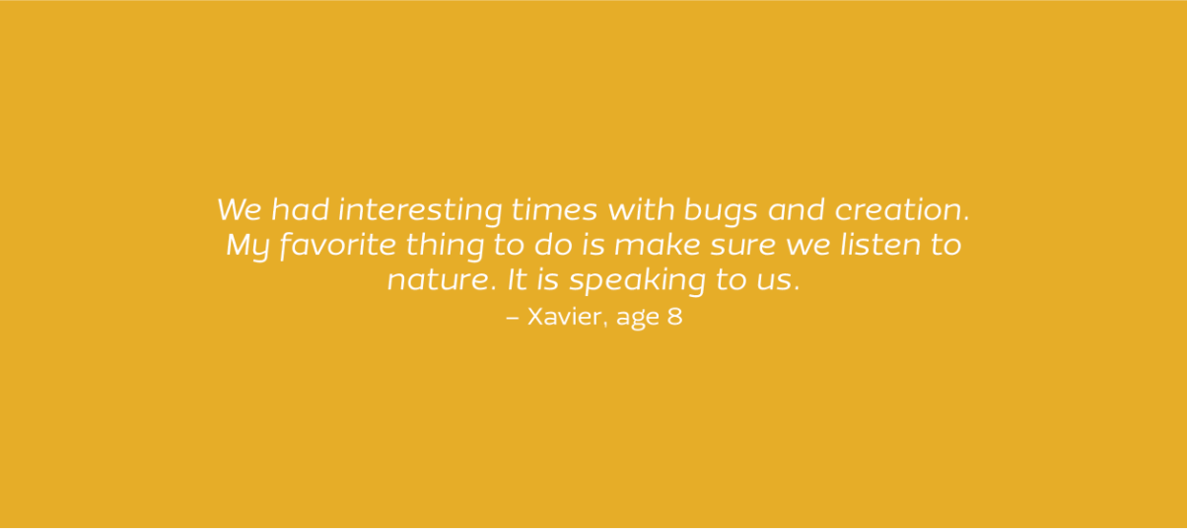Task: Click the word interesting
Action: [420, 210]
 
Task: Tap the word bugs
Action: [721, 210]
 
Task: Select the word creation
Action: [902, 209]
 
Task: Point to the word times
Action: [554, 209]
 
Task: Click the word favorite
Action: [337, 246]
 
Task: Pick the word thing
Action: [446, 246]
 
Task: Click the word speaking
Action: [638, 280]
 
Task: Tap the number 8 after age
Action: [674, 316]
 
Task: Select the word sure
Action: [743, 246]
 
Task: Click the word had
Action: [300, 209]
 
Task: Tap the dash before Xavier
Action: [512, 318]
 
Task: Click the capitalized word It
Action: [518, 279]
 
